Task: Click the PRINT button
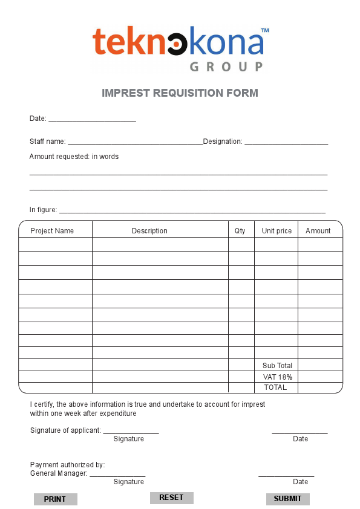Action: coord(55,499)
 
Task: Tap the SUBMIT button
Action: coord(287,499)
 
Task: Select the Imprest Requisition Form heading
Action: coord(180,93)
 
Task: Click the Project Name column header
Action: coord(52,231)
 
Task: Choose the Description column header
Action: coord(149,231)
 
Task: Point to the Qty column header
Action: coord(240,231)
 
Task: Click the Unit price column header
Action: coord(277,231)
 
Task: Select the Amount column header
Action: coord(318,231)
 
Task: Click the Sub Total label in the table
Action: coord(277,366)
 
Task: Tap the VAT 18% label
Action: coord(277,377)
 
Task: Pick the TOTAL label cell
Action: coord(275,387)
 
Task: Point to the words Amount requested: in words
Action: coord(74,157)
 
